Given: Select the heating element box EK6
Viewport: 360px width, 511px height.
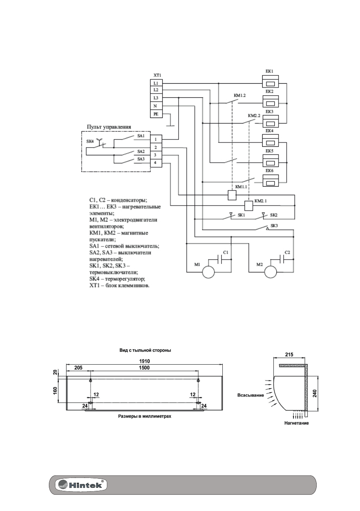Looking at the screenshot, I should [x=270, y=182].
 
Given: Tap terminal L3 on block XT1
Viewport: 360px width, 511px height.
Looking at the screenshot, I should [x=155, y=98].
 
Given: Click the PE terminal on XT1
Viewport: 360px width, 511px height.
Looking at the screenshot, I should [x=155, y=114].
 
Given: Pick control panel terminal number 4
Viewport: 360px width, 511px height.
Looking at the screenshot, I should [x=155, y=163].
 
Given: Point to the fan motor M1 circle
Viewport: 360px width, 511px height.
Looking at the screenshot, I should [x=208, y=271].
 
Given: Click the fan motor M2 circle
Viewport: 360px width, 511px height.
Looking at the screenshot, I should [x=270, y=271].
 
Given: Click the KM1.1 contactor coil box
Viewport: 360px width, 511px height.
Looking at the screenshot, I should [x=231, y=195].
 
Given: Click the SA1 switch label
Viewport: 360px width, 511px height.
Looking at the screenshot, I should [x=141, y=136].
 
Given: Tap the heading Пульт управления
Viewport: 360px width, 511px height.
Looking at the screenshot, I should [x=109, y=127].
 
